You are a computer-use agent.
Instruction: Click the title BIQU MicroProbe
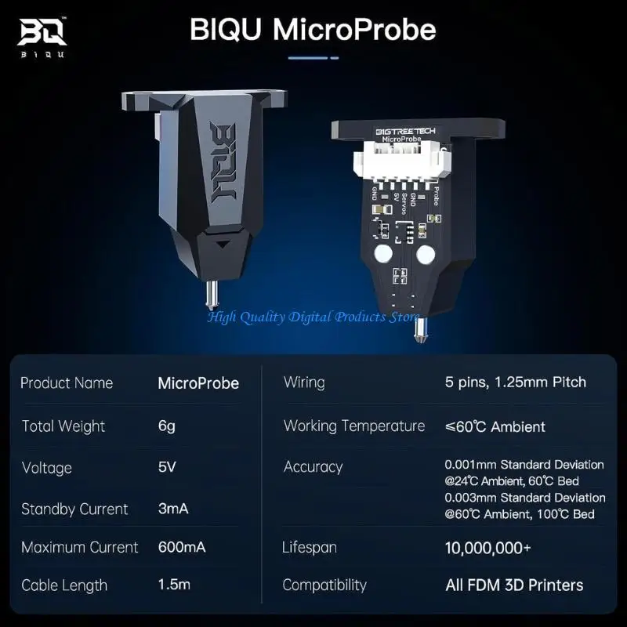coord(313,31)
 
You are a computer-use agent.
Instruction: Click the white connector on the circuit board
coord(397,161)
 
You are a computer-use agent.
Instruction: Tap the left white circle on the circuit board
coord(383,253)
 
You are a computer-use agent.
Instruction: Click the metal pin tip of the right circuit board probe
coord(421,332)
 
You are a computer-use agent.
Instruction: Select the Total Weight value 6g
coord(167,426)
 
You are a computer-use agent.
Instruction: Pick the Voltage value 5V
coord(167,468)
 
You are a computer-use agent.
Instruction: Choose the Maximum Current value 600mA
coord(182,547)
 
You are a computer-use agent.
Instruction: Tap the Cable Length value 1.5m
coord(174,585)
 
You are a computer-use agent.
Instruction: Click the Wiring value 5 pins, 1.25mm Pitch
coord(515,382)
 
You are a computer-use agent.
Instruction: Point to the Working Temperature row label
coord(354,426)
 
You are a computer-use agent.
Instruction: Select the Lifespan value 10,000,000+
coord(487,547)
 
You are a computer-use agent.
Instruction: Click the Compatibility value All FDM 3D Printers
coord(513,585)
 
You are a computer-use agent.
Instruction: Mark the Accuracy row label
coord(313,467)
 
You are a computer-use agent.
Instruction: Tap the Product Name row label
coord(67,383)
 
